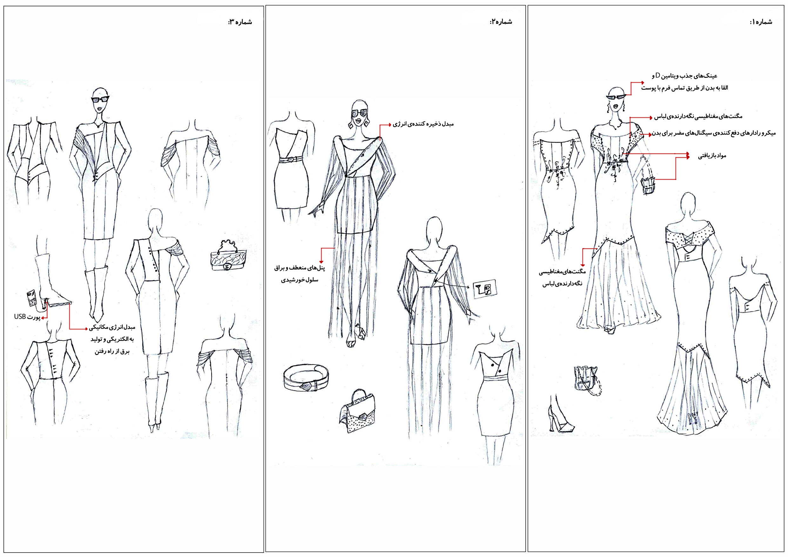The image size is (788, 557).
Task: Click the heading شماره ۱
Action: tap(761, 22)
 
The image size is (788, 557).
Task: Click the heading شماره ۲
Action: tap(501, 22)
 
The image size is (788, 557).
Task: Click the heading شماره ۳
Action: tap(240, 22)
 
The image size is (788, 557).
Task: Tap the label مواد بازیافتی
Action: tap(712, 156)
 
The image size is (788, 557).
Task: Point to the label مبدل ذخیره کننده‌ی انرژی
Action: tap(423, 124)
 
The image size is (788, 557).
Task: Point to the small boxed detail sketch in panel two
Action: tap(485, 289)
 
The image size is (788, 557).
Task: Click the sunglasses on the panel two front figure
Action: tap(359, 113)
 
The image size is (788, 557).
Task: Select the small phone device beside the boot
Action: tap(31, 298)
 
